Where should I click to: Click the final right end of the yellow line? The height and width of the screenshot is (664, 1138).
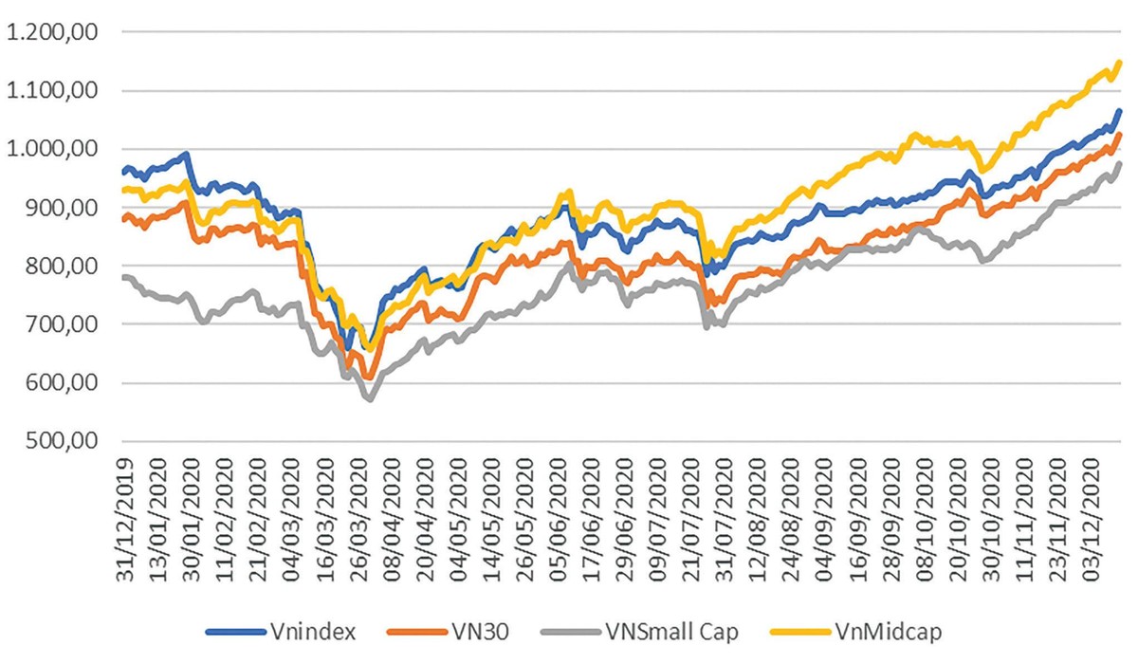tap(1120, 63)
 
